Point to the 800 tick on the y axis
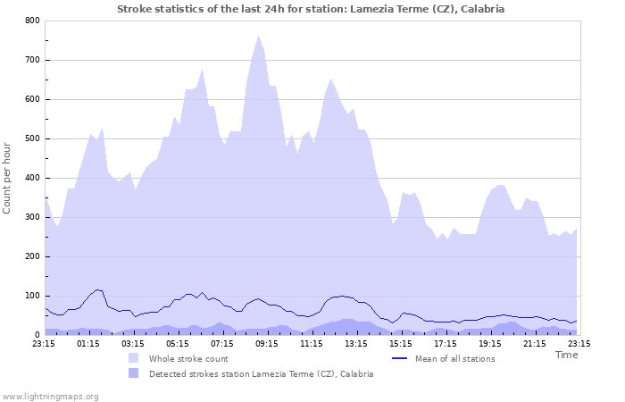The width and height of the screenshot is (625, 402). (x=33, y=21)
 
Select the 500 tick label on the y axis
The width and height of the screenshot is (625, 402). (x=33, y=138)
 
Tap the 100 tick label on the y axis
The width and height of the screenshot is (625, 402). (x=33, y=296)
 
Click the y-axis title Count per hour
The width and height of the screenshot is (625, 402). (x=8, y=177)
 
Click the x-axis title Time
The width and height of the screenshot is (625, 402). (x=567, y=355)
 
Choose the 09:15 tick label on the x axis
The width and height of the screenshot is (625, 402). (x=267, y=343)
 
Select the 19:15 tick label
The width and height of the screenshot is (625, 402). (x=490, y=343)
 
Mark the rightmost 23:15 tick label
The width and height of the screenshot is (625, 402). (x=579, y=343)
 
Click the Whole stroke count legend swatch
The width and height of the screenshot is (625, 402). (x=134, y=358)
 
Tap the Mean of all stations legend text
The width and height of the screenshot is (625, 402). (x=454, y=358)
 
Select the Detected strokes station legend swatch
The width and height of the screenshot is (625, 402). (x=134, y=373)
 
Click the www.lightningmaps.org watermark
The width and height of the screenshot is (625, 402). (x=50, y=396)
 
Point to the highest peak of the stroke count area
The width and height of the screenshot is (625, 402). (x=258, y=37)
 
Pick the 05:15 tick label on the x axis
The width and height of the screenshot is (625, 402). (x=178, y=343)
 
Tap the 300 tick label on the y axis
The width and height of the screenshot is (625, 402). (x=33, y=217)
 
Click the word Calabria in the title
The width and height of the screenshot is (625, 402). (x=483, y=9)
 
